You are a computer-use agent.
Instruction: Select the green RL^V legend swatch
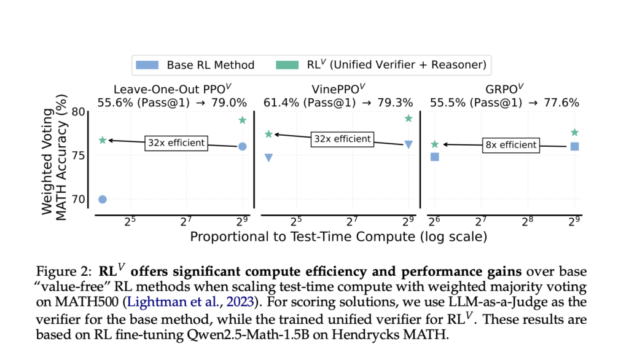click(x=288, y=65)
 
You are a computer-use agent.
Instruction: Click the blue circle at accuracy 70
click(x=103, y=199)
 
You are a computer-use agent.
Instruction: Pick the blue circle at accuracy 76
click(x=242, y=146)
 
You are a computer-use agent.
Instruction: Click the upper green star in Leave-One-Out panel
click(x=242, y=120)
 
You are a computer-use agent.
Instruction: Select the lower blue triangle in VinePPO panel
click(x=268, y=158)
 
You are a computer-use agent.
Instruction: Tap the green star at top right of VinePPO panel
click(x=408, y=118)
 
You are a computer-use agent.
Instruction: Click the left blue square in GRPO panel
click(x=435, y=157)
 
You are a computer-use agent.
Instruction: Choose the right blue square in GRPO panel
click(x=574, y=146)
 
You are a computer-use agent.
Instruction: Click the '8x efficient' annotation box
click(x=510, y=146)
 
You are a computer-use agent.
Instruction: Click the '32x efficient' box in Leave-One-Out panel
click(x=176, y=143)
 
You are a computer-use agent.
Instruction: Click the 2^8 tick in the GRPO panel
click(x=528, y=222)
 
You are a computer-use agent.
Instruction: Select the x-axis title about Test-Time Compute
click(x=338, y=237)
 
